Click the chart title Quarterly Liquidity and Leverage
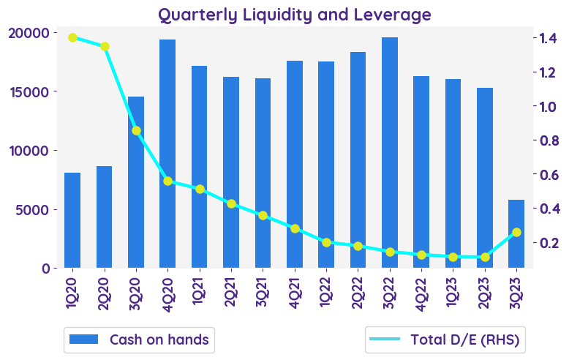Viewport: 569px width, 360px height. [x=295, y=15]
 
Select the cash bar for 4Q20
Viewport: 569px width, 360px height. [x=167, y=154]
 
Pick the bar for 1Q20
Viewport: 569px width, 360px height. [x=72, y=220]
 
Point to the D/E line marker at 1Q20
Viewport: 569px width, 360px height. [x=72, y=38]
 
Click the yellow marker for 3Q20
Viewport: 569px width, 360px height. [x=136, y=131]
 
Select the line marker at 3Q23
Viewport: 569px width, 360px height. [x=516, y=232]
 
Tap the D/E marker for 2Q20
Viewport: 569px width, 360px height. [x=105, y=47]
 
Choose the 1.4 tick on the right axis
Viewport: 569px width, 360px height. [x=549, y=38]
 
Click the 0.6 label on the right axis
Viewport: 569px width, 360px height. [x=549, y=174]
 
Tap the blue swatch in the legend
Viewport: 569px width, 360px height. [x=83, y=340]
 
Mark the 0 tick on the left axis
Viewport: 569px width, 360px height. [x=45, y=268]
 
